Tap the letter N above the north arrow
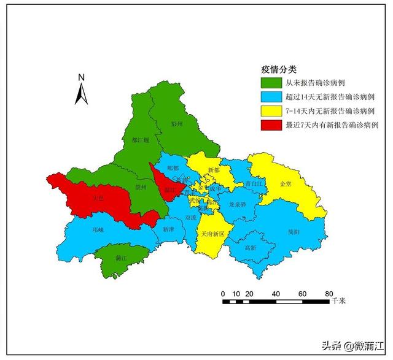[81, 77]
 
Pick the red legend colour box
[271, 125]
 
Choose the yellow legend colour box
[271, 111]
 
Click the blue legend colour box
[271, 97]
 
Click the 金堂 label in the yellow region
[286, 183]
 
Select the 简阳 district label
[294, 232]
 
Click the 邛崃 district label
[98, 229]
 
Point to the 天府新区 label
[212, 234]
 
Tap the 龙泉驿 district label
[237, 204]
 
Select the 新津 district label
[169, 229]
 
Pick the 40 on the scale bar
[275, 293]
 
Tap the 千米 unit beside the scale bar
[339, 301]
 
